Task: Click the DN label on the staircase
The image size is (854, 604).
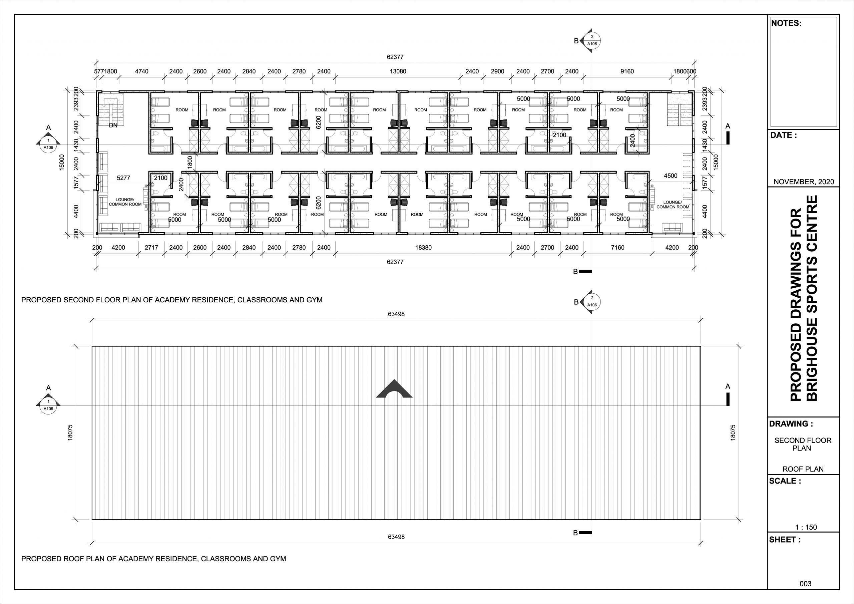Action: tap(113, 125)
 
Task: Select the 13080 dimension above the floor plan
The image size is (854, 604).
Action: tap(398, 71)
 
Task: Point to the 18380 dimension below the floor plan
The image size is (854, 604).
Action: tap(423, 248)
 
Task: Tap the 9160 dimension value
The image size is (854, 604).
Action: tap(627, 71)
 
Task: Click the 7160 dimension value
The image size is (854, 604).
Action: tap(617, 248)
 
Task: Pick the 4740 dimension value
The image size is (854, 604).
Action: tap(141, 71)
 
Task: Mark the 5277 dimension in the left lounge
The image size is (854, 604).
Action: tap(123, 178)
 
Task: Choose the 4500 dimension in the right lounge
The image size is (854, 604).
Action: tap(670, 176)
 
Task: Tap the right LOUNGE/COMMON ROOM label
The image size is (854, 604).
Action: tap(673, 205)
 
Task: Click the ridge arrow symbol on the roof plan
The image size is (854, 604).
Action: tap(394, 389)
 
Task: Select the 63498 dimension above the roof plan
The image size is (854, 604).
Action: tap(396, 314)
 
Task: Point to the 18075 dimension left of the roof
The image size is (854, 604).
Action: tap(70, 433)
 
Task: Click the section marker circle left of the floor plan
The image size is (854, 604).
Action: tap(48, 144)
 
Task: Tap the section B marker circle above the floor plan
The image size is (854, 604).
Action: tap(592, 40)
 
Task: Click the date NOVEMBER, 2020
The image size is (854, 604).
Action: tap(804, 182)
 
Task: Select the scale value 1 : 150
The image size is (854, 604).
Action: tap(806, 527)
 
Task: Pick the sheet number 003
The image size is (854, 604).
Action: tap(805, 584)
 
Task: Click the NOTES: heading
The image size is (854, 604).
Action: tap(786, 23)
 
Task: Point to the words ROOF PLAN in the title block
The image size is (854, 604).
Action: tap(803, 469)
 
